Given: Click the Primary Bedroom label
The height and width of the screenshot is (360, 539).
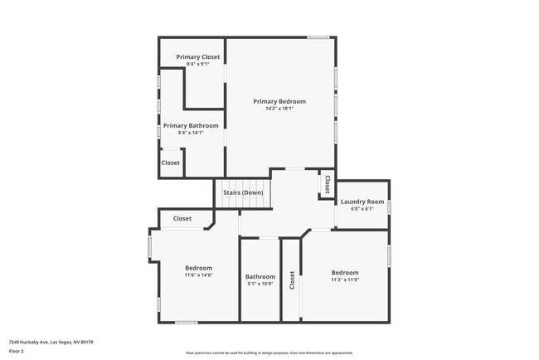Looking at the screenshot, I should tap(279, 101).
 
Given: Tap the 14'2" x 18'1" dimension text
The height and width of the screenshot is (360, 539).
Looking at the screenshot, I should tap(279, 109).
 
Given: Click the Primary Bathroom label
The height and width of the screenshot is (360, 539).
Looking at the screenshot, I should tap(191, 125).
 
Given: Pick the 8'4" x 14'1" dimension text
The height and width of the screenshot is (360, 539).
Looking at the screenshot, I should tap(191, 133).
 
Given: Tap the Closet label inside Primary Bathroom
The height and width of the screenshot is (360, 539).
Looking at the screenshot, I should tap(171, 163).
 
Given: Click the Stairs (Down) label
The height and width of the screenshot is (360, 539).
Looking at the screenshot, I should tap(243, 192).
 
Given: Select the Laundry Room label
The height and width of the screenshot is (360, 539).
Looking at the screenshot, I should tap(362, 202).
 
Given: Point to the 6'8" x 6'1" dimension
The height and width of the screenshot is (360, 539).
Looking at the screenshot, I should tap(362, 209).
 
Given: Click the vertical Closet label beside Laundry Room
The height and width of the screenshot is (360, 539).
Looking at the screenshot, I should tap(327, 184).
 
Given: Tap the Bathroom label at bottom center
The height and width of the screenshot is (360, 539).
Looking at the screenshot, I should tap(260, 276).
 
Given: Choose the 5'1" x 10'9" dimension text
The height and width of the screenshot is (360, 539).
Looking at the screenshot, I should tap(260, 284).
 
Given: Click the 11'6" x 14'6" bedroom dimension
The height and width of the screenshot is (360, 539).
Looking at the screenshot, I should tap(198, 275).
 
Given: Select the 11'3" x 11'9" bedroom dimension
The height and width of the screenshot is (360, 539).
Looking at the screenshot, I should tap(345, 280).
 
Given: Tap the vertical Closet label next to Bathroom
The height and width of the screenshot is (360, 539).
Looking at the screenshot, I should tap(292, 280).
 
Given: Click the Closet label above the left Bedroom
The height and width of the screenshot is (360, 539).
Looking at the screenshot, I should tap(182, 219).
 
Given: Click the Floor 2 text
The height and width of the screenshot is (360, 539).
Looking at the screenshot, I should tap(17, 351).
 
